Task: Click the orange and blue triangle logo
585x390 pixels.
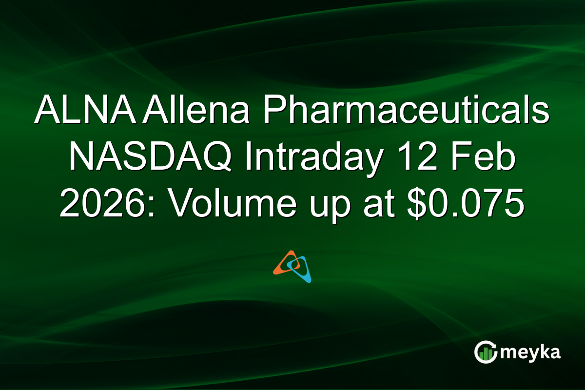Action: [292, 266]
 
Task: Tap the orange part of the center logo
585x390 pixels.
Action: [283, 263]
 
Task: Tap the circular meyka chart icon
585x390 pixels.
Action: [485, 352]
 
